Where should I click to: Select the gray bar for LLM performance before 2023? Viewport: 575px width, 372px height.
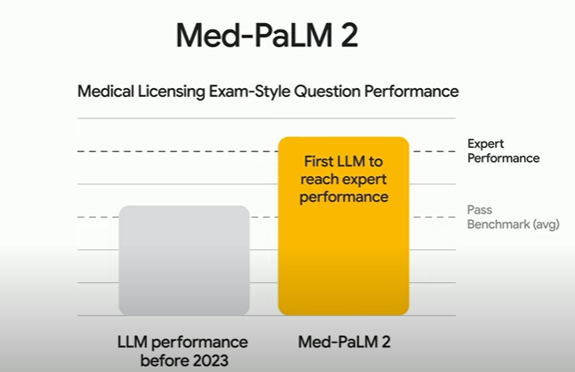click(183, 260)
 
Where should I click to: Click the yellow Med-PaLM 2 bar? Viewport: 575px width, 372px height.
click(344, 258)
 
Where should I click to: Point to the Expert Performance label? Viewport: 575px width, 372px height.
click(503, 150)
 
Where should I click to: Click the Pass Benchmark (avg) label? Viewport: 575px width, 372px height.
click(512, 217)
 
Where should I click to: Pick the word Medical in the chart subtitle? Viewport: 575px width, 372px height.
click(106, 91)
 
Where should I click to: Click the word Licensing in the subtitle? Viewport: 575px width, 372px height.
click(173, 92)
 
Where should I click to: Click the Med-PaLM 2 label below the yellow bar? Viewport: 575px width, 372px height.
click(344, 342)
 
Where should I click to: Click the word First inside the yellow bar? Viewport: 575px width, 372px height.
click(319, 164)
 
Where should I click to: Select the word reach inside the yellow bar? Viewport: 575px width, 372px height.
click(325, 181)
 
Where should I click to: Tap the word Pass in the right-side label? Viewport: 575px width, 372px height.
click(480, 210)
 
